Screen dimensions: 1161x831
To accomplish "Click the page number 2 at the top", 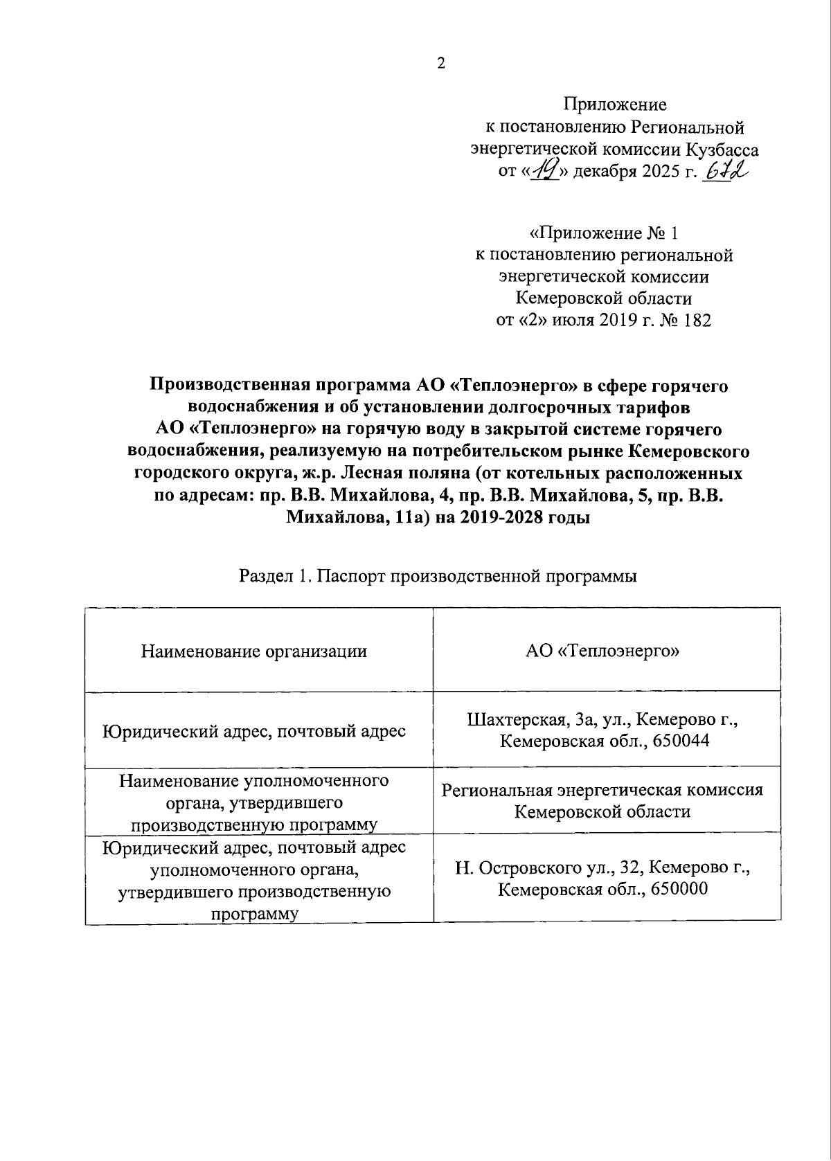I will click(441, 63).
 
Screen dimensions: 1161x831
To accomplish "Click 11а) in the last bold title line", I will click(410, 518).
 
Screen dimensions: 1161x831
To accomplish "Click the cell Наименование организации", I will click(253, 651).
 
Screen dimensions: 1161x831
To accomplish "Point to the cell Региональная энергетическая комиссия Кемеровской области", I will click(602, 800).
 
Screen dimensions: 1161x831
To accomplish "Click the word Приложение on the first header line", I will click(615, 105).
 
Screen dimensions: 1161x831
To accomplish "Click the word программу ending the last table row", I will click(254, 914).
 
